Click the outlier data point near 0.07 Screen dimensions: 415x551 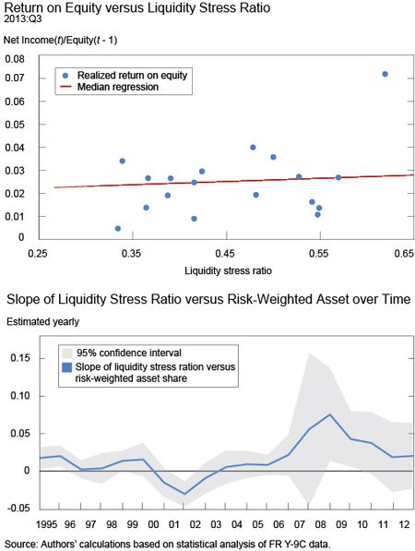pos(385,74)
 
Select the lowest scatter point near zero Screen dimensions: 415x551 pos(118,228)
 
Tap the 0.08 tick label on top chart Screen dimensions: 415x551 pos(15,59)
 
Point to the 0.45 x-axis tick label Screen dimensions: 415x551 pos(225,254)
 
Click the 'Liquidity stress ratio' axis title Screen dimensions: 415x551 pos(228,270)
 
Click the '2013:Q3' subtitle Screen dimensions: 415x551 pos(22,19)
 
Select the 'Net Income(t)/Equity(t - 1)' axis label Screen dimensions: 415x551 pos(60,40)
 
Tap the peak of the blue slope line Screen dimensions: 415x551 pos(329,414)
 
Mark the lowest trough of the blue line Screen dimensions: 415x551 pos(184,494)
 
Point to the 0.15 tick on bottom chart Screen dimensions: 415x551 pos(20,358)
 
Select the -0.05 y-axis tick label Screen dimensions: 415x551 pos(18,509)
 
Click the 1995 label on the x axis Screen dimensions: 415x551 pos(47,524)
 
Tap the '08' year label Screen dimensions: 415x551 pos(320,524)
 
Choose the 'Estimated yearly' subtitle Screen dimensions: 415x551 pos(42,322)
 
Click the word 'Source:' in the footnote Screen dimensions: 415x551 pos(21,545)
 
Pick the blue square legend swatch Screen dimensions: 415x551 pos(66,367)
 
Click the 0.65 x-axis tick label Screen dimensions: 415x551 pos(404,254)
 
